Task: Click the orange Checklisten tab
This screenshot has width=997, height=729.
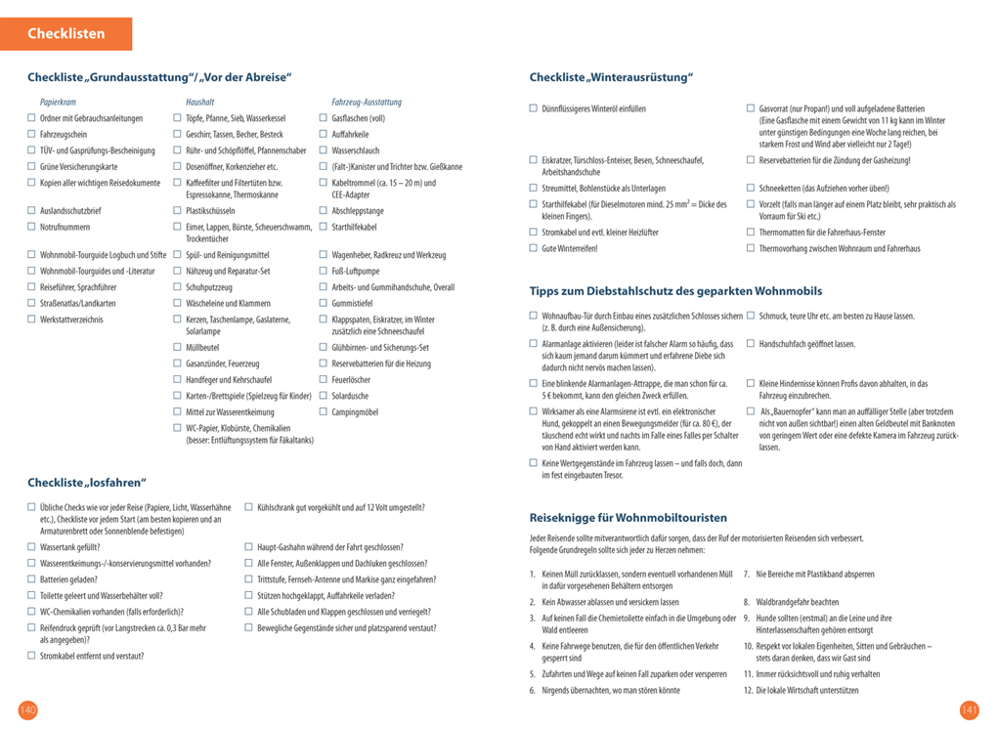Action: click(66, 33)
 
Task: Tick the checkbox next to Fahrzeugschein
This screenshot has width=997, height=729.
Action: click(31, 135)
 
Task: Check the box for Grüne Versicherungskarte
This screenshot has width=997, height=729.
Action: click(31, 167)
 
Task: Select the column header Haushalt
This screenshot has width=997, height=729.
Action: click(199, 102)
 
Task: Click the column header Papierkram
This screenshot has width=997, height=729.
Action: click(58, 102)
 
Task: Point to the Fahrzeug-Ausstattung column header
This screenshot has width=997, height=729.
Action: click(367, 102)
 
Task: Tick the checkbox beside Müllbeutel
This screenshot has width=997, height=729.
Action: click(178, 347)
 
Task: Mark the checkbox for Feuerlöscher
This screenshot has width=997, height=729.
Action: click(324, 379)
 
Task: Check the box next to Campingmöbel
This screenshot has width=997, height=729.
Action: click(324, 412)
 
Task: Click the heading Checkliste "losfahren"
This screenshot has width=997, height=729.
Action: click(87, 482)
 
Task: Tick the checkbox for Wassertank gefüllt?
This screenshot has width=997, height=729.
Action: click(31, 548)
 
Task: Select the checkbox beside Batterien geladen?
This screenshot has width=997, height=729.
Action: click(31, 579)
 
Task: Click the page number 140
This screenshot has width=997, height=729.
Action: click(27, 709)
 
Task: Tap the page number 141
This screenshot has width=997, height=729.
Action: click(969, 709)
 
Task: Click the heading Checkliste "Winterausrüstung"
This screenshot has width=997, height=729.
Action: click(611, 77)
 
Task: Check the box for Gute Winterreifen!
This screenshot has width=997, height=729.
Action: click(534, 249)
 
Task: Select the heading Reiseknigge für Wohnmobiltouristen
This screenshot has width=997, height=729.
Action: click(629, 518)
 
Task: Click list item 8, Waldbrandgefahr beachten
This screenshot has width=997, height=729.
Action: click(791, 602)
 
